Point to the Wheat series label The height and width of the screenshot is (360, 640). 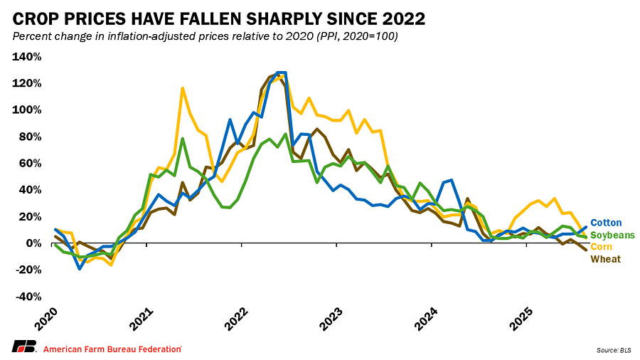click(x=605, y=258)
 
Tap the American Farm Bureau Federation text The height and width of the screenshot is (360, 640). click(x=112, y=349)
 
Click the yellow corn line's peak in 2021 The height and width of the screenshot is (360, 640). click(x=183, y=88)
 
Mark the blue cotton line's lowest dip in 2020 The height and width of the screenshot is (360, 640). click(x=80, y=268)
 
